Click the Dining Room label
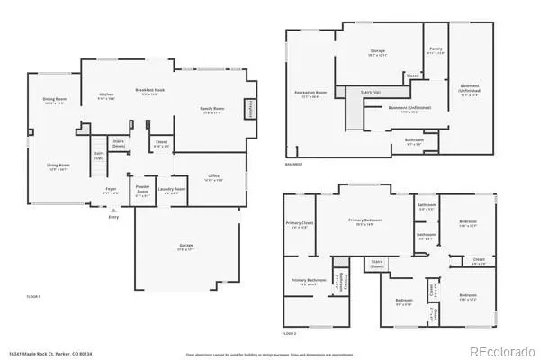[56, 100]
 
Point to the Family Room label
[211, 110]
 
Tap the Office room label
[213, 177]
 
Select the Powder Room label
[142, 190]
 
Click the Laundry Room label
[171, 189]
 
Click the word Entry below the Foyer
[113, 217]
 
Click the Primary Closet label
[300, 224]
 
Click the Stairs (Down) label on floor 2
[378, 264]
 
